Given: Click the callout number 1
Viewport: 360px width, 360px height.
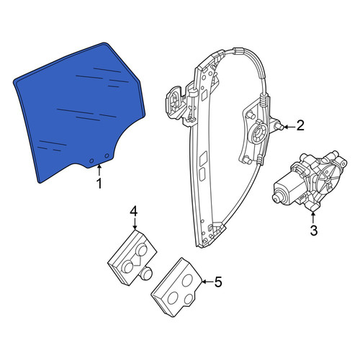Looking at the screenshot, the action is [x=99, y=184].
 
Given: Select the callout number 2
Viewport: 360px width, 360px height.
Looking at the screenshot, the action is [x=300, y=125].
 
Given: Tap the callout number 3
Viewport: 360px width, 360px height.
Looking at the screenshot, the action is [x=314, y=230].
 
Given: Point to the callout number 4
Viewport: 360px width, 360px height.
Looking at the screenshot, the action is [x=134, y=212].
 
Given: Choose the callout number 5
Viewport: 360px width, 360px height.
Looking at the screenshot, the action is [x=218, y=282].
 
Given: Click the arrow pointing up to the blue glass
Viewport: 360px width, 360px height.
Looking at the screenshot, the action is [x=99, y=170].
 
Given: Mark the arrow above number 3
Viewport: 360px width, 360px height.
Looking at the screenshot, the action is [x=313, y=216].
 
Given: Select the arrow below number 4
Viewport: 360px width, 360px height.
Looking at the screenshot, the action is [x=135, y=223].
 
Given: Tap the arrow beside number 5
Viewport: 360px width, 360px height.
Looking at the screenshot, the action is [x=207, y=282].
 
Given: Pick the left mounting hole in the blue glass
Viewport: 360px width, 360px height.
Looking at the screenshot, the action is [x=91, y=161].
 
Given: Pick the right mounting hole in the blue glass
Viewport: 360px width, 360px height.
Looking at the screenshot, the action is [x=107, y=156].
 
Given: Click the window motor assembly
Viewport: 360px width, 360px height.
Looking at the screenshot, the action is [x=310, y=181].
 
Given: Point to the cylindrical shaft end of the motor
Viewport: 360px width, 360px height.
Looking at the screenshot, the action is [x=276, y=197].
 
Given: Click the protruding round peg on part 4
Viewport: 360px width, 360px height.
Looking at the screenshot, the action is [x=146, y=274].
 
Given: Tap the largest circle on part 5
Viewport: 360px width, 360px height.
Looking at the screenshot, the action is [x=174, y=298].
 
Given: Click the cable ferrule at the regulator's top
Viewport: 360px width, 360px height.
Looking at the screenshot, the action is [x=238, y=51].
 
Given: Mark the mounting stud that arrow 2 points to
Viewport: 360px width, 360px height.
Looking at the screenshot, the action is [x=279, y=125].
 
